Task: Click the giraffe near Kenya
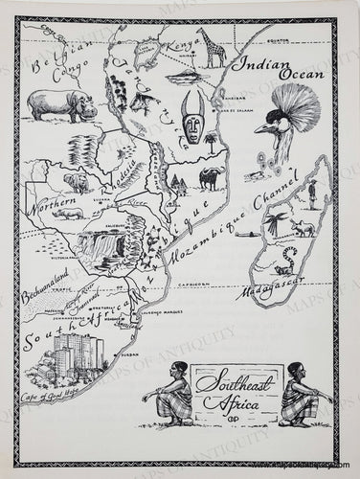213,47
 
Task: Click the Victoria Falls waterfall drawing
105,245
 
